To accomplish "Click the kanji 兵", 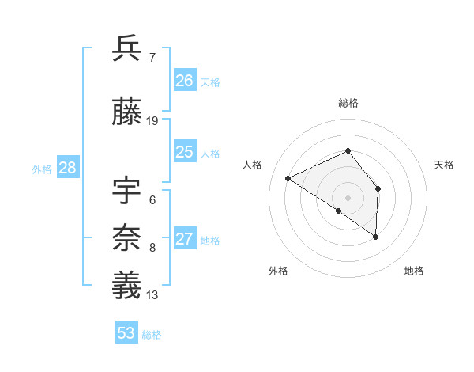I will tap(127, 49).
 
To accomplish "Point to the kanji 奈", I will tap(127, 237).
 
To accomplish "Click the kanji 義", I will tap(127, 285).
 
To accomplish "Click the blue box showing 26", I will tap(185, 81).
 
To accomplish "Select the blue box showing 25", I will tap(185, 152).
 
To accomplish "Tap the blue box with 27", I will tap(185, 240).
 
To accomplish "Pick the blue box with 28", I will tap(67, 168).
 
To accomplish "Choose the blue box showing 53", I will tap(126, 333).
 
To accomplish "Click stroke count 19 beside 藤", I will tap(152, 120).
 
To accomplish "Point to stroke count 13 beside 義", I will tap(152, 295).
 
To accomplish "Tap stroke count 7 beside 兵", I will tap(152, 57).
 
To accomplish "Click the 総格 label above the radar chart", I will tap(348, 103).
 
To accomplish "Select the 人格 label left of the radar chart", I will tap(253, 165).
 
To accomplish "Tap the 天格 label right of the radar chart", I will tap(445, 165).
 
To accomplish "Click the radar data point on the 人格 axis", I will tap(288, 178).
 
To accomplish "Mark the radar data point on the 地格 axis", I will tap(376, 237).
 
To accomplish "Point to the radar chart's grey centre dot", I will tap(348, 197).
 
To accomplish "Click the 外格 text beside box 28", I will tap(42, 169).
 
